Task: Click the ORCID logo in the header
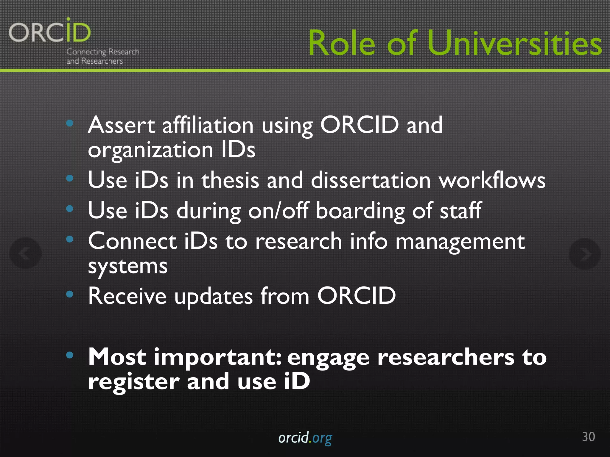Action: (50, 32)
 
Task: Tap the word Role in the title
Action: (342, 43)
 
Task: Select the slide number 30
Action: (588, 437)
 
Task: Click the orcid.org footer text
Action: (305, 438)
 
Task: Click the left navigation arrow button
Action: (25, 253)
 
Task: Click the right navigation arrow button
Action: (584, 254)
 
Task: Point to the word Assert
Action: (121, 125)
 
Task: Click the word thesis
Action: (230, 180)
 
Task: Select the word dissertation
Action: (371, 180)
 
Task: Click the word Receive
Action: (127, 296)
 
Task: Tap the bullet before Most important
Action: (70, 355)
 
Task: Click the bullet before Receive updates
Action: (70, 294)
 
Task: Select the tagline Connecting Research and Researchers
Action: (102, 56)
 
